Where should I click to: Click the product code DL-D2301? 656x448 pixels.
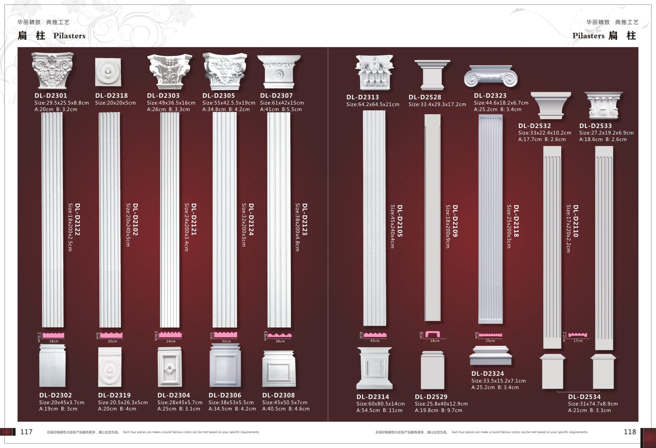(51, 95)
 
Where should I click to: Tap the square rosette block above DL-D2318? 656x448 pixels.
(108, 72)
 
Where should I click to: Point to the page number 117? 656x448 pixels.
(26, 432)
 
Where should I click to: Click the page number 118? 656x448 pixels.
(630, 432)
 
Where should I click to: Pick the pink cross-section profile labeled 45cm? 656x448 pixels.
(375, 335)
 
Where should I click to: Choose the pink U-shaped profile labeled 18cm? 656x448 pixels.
(433, 334)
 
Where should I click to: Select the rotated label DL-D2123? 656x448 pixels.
(305, 219)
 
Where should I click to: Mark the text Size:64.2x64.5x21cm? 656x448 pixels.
(373, 104)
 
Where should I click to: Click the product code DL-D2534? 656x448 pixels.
(584, 397)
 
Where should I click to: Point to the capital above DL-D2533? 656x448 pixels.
(604, 105)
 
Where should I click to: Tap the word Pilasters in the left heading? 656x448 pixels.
(69, 36)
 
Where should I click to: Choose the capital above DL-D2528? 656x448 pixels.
(432, 75)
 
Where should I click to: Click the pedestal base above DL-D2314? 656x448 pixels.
(375, 368)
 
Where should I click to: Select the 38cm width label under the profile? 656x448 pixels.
(280, 341)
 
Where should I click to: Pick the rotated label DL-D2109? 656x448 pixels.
(455, 221)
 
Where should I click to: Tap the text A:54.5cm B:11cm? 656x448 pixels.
(379, 410)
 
